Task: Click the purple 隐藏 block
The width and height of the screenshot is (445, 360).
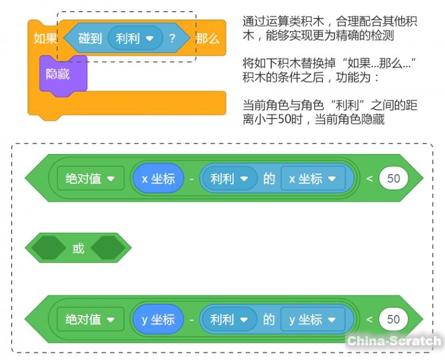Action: tap(58, 74)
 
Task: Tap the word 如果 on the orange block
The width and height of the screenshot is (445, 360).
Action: tap(45, 39)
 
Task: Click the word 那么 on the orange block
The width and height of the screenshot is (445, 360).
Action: tap(207, 39)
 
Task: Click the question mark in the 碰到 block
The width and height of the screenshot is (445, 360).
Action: tap(172, 39)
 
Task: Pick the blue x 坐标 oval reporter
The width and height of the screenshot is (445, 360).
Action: tap(158, 179)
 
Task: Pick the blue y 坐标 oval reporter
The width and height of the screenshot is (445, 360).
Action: tap(158, 319)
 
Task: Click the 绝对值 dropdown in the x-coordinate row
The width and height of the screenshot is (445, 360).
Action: tap(90, 179)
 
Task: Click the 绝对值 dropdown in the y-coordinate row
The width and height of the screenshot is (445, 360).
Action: tap(90, 319)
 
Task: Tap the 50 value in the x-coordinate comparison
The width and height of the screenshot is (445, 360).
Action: tap(393, 179)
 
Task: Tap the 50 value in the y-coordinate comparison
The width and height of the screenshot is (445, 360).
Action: tap(393, 319)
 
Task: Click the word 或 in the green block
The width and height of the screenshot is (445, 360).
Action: tap(78, 248)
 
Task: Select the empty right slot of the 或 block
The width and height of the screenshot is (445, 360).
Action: tap(107, 248)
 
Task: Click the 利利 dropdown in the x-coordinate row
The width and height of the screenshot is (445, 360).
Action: tap(229, 179)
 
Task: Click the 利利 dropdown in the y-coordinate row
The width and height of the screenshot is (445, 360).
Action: tap(229, 319)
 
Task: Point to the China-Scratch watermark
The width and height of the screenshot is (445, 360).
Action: tap(394, 341)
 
